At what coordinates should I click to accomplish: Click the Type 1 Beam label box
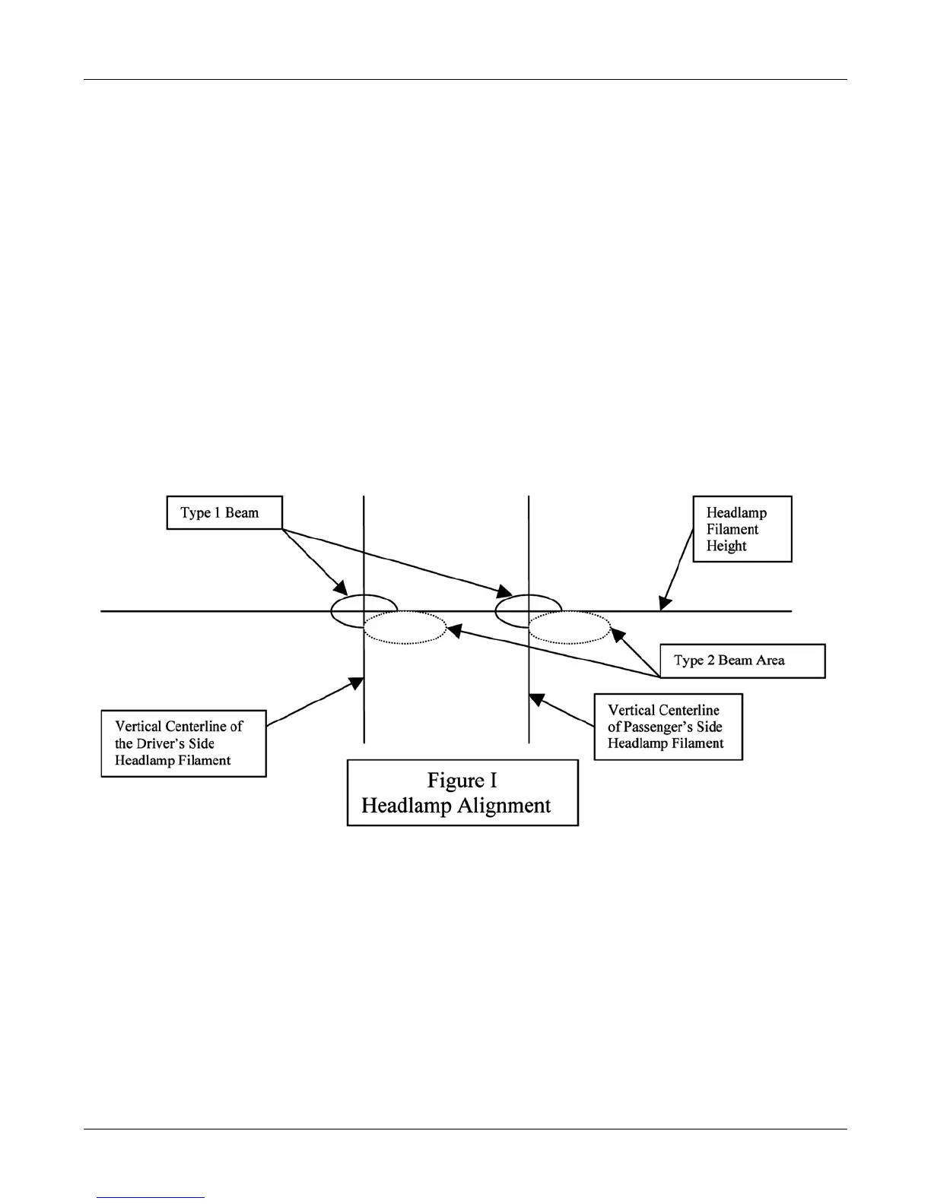click(224, 513)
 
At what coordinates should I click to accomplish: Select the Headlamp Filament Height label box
click(742, 529)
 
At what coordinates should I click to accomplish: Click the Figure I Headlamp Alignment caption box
click(462, 793)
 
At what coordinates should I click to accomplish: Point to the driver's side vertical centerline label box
click(183, 743)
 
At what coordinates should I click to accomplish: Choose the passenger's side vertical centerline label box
click(668, 727)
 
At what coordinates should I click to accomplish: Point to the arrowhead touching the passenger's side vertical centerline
click(536, 698)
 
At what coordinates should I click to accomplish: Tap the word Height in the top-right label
click(726, 547)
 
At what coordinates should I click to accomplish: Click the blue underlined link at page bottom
click(151, 1197)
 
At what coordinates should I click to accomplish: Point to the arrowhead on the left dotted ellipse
click(452, 629)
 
